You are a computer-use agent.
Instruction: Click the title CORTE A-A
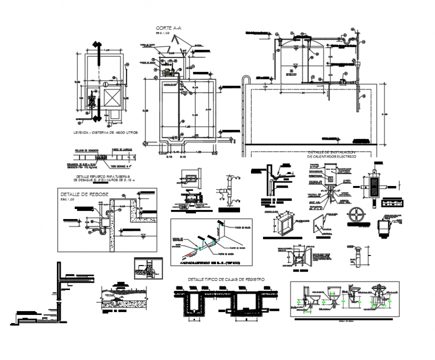(x=168, y=29)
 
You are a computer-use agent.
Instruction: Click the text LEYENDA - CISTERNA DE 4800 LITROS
(x=105, y=133)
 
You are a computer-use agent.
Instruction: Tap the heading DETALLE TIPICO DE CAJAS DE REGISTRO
(x=225, y=279)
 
